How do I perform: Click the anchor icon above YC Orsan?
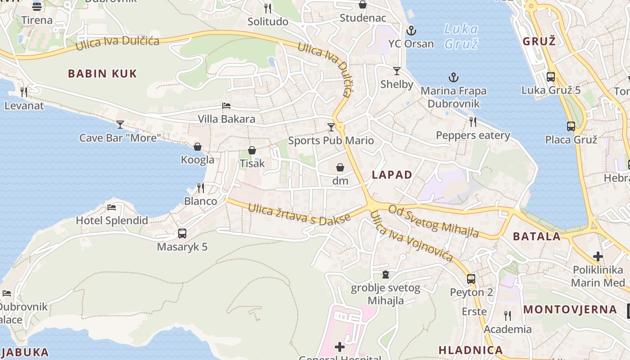point(411,31)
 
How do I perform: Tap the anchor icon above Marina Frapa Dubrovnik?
point(453,77)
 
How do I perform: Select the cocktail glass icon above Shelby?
point(396,71)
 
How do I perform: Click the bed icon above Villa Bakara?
point(226,106)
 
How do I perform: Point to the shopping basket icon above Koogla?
point(198,147)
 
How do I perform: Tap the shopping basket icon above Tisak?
point(252,150)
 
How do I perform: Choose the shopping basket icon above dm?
point(340,167)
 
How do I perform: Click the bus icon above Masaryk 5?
point(182,234)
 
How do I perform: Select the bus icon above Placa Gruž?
point(571,126)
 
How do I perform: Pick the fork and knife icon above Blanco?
point(201,188)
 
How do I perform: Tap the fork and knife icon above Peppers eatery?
point(473,122)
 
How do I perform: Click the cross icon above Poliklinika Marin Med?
point(598,256)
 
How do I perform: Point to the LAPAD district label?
point(392,175)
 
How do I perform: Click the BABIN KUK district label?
point(102,74)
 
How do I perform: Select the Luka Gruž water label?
point(461,36)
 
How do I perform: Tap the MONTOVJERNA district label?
point(570,310)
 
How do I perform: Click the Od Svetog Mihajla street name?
point(433,221)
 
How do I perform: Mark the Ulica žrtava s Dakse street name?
point(299,214)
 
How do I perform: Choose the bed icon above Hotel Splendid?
point(112,207)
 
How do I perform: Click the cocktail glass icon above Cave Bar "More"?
point(120,125)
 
